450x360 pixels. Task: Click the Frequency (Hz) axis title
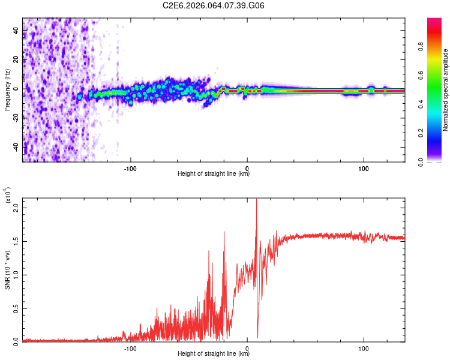click(x=8, y=90)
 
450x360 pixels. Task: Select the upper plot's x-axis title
click(x=214, y=174)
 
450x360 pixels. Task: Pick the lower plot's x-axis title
click(x=214, y=354)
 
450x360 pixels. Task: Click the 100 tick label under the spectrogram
click(x=363, y=167)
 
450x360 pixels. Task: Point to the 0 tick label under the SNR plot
click(x=247, y=347)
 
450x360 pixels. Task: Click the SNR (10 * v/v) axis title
click(x=8, y=270)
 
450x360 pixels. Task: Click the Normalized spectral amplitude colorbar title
click(x=446, y=90)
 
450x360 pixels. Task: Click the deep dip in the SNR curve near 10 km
click(x=257, y=337)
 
